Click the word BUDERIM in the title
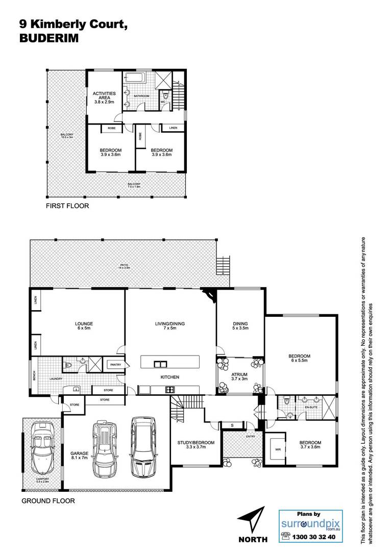[x=49, y=38]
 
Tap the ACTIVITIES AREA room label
[x=104, y=97]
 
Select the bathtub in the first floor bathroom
[x=134, y=78]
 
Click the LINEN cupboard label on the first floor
[x=173, y=128]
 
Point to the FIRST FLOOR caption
[x=67, y=206]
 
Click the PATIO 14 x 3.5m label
[x=124, y=266]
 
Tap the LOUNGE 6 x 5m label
[x=84, y=326]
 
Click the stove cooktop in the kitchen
[x=170, y=390]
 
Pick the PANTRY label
[x=115, y=365]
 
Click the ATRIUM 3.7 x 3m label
[x=239, y=376]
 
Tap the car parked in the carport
[x=42, y=448]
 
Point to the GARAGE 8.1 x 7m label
[x=79, y=456]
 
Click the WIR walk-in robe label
[x=278, y=449]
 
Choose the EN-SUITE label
[x=311, y=408]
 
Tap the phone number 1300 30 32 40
[x=313, y=537]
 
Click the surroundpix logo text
[x=310, y=524]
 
